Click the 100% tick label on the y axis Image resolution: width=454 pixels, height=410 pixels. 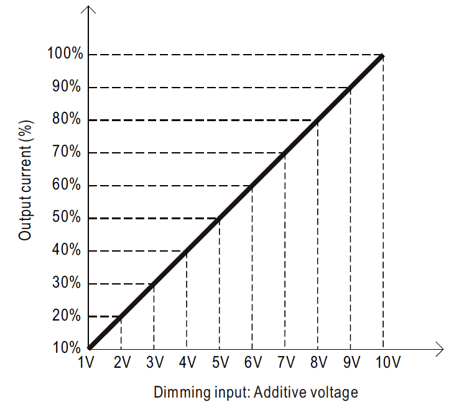(x=64, y=54)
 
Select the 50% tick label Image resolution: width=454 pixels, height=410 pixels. (x=67, y=218)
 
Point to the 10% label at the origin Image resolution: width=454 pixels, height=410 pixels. (x=67, y=348)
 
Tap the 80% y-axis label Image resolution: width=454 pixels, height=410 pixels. (x=67, y=120)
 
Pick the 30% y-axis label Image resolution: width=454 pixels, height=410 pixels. (x=67, y=283)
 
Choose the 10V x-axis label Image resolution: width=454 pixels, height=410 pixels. (x=386, y=363)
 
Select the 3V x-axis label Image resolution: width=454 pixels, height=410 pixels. (x=154, y=363)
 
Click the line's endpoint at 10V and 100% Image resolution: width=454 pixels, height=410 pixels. (x=382, y=55)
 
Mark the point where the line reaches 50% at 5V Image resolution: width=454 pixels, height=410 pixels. (x=219, y=218)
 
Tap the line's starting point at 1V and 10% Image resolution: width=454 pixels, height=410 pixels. (x=90, y=348)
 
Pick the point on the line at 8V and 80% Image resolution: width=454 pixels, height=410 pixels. (x=318, y=120)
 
